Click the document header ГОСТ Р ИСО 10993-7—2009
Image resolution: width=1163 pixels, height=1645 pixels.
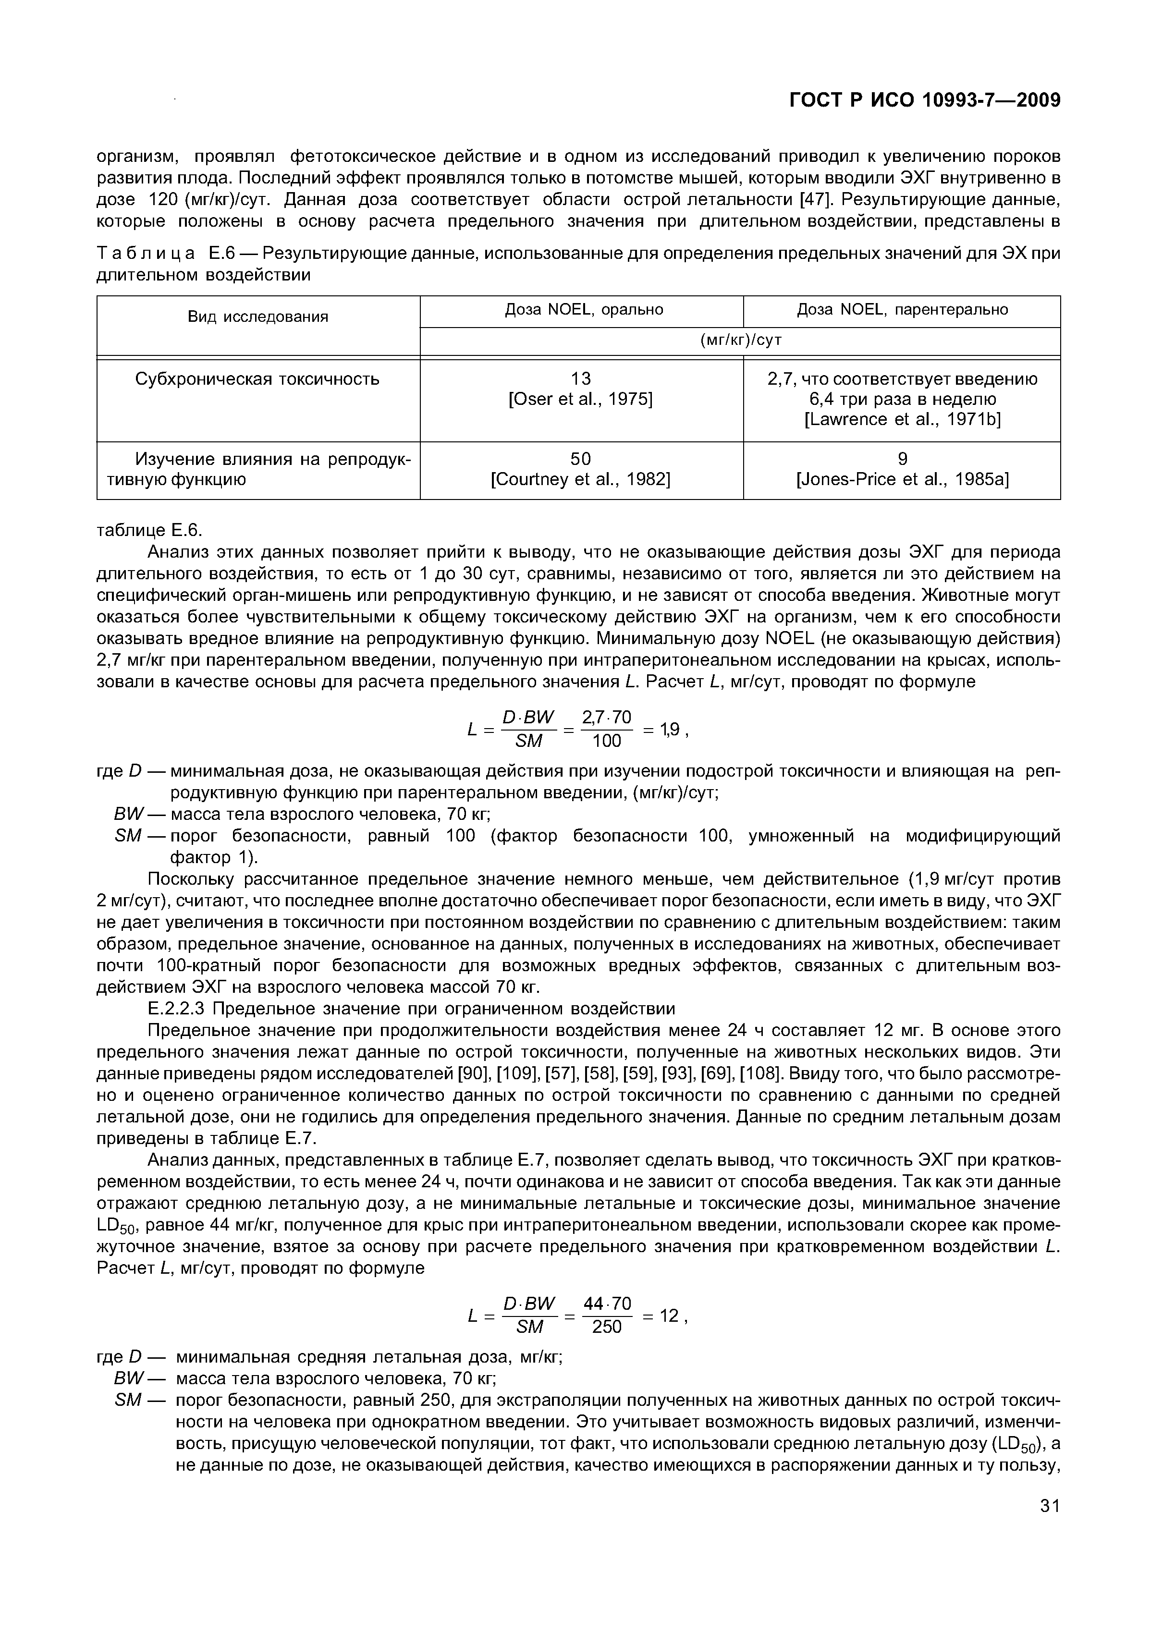(x=924, y=100)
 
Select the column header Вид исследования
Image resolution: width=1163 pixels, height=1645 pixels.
(x=258, y=317)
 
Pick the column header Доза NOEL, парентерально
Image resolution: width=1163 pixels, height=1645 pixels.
(x=902, y=309)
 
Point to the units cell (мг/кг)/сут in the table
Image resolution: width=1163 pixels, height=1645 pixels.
(x=740, y=341)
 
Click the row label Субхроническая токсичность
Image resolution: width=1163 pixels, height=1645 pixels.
(x=257, y=379)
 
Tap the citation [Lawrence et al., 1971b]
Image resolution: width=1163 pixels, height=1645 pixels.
(x=902, y=419)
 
